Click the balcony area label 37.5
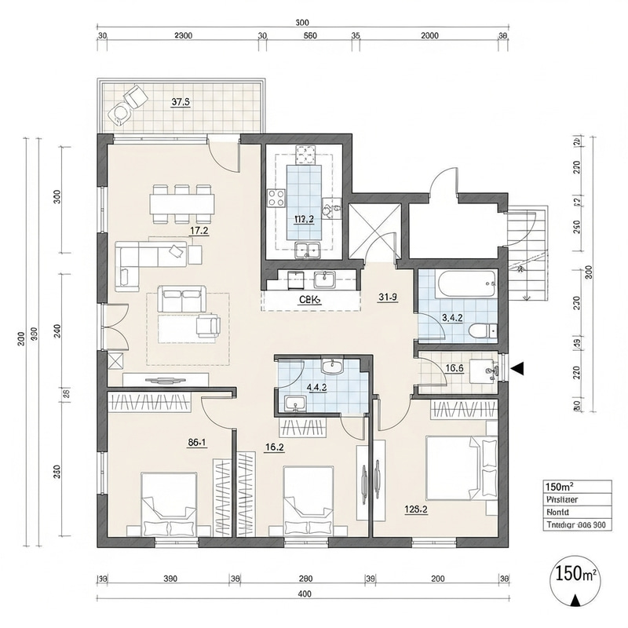[x=181, y=101]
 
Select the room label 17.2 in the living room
[x=199, y=231]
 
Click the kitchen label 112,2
[x=304, y=219]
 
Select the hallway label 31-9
[x=387, y=297]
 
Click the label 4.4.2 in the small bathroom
[x=317, y=387]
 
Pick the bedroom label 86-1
[x=197, y=443]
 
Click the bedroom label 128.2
[x=415, y=509]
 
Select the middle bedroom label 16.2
[x=275, y=448]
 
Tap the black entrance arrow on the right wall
[x=517, y=367]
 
